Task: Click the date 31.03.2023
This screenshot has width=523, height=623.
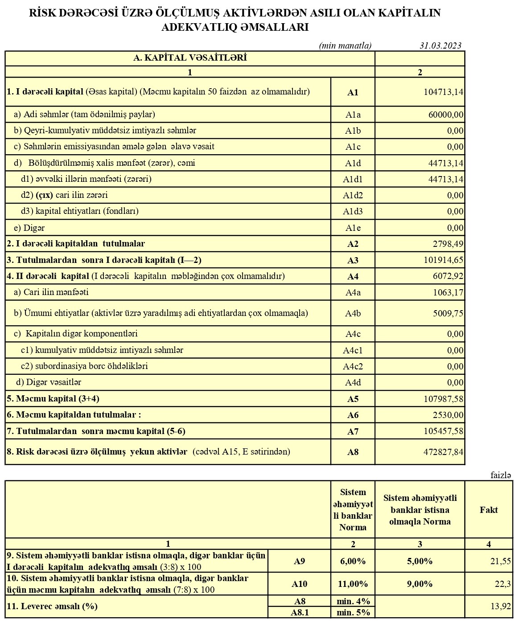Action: coord(440,45)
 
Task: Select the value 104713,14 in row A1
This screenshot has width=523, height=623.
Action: coord(443,92)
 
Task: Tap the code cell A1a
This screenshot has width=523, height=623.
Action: coord(353,115)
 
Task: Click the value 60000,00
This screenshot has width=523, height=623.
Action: coord(446,115)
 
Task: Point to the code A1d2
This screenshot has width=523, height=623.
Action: coord(353,195)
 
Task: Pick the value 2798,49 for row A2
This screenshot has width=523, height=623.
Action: coord(448,244)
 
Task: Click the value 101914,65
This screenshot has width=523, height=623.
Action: coord(443,260)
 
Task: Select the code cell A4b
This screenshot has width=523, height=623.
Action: coord(353,313)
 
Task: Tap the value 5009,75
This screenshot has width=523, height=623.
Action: coord(448,313)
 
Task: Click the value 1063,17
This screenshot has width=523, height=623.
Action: coord(448,292)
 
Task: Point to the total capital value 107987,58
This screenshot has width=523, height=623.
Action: coord(443,399)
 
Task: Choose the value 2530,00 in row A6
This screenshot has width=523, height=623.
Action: coord(448,415)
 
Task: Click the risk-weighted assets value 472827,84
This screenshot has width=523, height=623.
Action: coord(443,452)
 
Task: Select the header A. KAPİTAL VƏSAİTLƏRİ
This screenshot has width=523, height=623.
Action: coord(190,58)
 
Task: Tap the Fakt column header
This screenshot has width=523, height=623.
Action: coord(489,510)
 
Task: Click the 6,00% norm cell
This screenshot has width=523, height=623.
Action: coord(353,561)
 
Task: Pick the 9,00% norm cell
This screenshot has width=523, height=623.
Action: coord(420,584)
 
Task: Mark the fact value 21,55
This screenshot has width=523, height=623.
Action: coord(500,561)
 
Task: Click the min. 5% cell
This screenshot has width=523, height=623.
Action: coord(353,612)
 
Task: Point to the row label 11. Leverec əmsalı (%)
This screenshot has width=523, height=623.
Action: coord(52,606)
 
